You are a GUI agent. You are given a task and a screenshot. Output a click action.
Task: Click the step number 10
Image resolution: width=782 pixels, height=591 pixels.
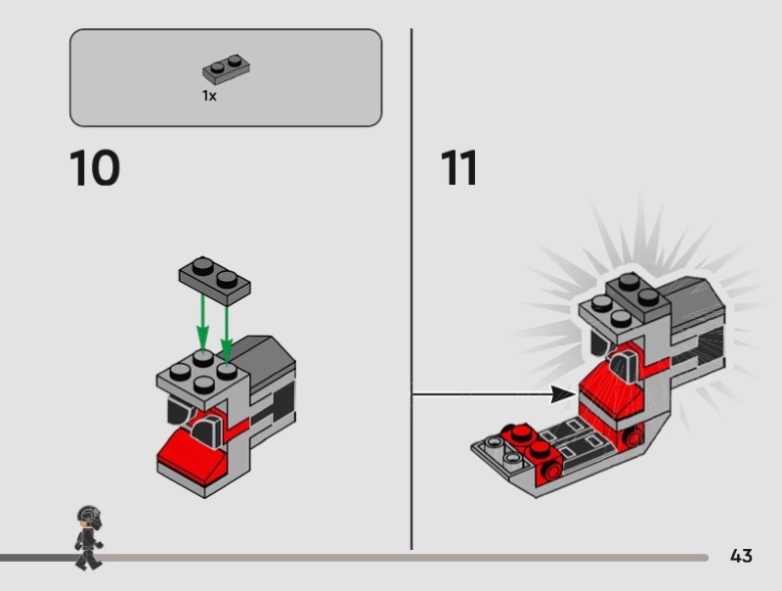tap(95, 167)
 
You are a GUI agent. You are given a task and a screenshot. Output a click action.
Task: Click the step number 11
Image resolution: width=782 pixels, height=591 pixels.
tap(458, 167)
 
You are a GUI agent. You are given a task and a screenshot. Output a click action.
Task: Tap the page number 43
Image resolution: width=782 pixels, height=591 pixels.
tap(741, 556)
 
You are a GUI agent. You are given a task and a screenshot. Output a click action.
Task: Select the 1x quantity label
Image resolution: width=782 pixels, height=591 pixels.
tap(209, 95)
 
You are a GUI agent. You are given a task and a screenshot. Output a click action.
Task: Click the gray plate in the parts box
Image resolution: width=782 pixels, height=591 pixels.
tap(226, 68)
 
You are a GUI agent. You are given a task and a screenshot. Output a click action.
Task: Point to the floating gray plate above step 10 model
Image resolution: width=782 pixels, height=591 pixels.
tap(215, 281)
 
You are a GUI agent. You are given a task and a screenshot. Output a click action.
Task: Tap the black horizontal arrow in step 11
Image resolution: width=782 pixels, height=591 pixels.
tap(494, 394)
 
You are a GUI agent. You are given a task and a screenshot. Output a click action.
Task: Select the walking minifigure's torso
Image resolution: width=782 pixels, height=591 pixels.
tap(89, 539)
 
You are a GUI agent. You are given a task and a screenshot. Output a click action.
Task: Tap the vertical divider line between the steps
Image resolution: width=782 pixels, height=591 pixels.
tap(412, 289)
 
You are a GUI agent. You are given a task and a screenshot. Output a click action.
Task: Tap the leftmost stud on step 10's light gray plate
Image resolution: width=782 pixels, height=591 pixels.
tap(180, 372)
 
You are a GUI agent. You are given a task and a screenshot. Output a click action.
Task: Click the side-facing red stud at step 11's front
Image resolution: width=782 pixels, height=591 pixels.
tap(552, 472)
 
